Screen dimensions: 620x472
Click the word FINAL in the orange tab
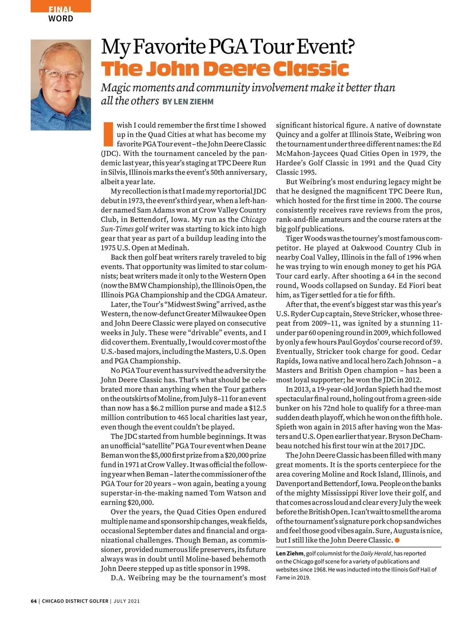coord(61,9)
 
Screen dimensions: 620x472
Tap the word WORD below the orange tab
coord(61,19)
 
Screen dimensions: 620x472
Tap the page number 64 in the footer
coord(33,601)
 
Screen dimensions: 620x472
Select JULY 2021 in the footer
coord(127,601)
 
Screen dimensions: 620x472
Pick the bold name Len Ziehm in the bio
coord(289,553)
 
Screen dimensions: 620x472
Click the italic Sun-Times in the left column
coord(117,229)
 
